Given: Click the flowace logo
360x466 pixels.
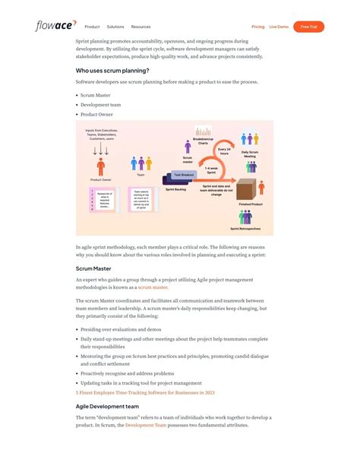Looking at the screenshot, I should pos(55,26).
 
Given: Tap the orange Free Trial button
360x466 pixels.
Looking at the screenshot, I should pos(308,27).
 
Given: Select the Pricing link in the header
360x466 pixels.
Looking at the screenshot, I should pos(257,27).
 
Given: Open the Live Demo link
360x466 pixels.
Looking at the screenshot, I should pos(278,27).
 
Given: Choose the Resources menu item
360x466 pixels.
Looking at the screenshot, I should pos(141,27).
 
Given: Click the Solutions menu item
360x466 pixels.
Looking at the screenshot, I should pos(115,27).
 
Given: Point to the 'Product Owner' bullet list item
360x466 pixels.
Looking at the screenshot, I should pos(96,114).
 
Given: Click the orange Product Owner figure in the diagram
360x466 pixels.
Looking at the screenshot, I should pos(101,163).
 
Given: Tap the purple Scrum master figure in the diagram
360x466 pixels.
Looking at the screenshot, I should pos(188,146).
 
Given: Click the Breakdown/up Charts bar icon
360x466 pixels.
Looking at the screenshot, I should pos(203,132).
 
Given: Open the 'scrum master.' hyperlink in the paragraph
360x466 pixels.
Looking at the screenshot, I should pos(153,287).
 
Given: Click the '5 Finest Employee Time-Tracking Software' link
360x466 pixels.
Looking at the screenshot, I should pos(145,393).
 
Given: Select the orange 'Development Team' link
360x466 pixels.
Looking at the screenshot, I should pos(146,426).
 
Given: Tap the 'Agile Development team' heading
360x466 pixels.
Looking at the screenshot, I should pos(107,406).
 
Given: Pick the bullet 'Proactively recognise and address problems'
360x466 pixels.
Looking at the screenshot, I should pos(127,373).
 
